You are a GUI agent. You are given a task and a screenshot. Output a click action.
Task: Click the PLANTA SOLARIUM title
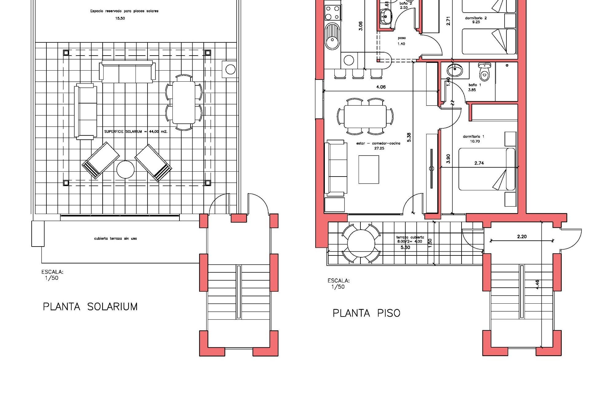pos(90,306)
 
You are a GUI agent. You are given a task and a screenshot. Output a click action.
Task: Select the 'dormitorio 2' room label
pos(476,18)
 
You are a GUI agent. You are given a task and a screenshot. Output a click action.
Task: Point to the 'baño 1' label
pos(475,85)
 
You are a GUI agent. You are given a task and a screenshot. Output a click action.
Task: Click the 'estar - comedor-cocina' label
pos(378,143)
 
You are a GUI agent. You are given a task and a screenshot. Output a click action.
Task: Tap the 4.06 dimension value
pos(381,87)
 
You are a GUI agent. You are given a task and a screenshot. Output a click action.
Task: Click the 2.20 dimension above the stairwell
pos(522,236)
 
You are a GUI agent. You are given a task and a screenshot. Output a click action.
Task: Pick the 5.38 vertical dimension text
pos(409,137)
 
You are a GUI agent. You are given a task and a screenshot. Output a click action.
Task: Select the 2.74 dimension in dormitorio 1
pos(479,163)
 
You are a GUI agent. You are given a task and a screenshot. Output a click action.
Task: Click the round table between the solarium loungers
pos(125,169)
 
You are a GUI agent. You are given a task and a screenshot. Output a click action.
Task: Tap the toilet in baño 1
pos(485,72)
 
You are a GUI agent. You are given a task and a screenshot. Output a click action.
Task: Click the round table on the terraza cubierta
pos(361,244)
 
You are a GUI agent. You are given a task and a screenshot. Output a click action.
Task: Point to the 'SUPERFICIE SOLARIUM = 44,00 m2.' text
pos(140,131)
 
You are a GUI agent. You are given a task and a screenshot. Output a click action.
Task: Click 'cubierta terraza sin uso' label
pos(116,238)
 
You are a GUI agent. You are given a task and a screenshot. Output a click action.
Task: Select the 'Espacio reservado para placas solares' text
pos(124,11)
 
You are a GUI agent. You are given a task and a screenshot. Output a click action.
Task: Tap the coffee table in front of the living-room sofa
pos(369,169)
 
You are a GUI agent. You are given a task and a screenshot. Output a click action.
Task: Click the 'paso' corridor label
pos(402,38)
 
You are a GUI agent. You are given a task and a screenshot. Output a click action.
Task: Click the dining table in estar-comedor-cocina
pos(365,117)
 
